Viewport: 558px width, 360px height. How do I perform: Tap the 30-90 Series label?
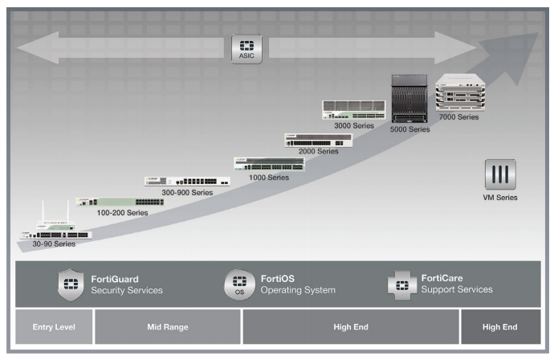54,243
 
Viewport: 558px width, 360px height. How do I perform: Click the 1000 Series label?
270,176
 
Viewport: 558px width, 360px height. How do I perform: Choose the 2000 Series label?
318,151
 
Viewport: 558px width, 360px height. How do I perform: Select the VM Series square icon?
499,174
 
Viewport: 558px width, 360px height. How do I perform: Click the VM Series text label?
500,198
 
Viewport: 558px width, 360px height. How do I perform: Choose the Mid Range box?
168,327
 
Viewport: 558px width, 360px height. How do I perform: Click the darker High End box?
500,327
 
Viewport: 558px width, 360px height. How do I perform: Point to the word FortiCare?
442,278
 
